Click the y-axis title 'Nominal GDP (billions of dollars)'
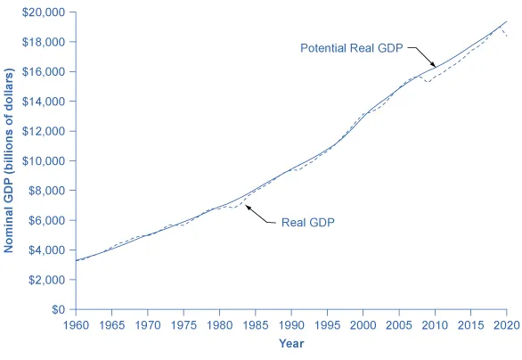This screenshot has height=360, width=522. [x=10, y=161]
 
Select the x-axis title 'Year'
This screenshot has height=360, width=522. [x=291, y=343]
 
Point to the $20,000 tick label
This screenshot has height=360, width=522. [x=45, y=12]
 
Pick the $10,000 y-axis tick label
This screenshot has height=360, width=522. [x=45, y=161]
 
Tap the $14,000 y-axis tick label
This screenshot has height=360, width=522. [x=45, y=102]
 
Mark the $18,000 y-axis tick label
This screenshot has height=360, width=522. [x=45, y=42]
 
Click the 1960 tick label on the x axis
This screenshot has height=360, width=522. [x=75, y=323]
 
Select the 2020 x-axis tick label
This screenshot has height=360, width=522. [x=507, y=323]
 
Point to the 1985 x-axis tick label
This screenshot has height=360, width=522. [x=255, y=323]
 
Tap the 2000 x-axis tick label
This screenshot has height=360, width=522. [x=363, y=323]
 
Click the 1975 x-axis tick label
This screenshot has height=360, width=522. [x=183, y=323]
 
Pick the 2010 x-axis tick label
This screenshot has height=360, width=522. [x=435, y=323]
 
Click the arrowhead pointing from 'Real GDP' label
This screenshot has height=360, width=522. [x=246, y=207]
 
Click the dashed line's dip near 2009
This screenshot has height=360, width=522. [x=427, y=82]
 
